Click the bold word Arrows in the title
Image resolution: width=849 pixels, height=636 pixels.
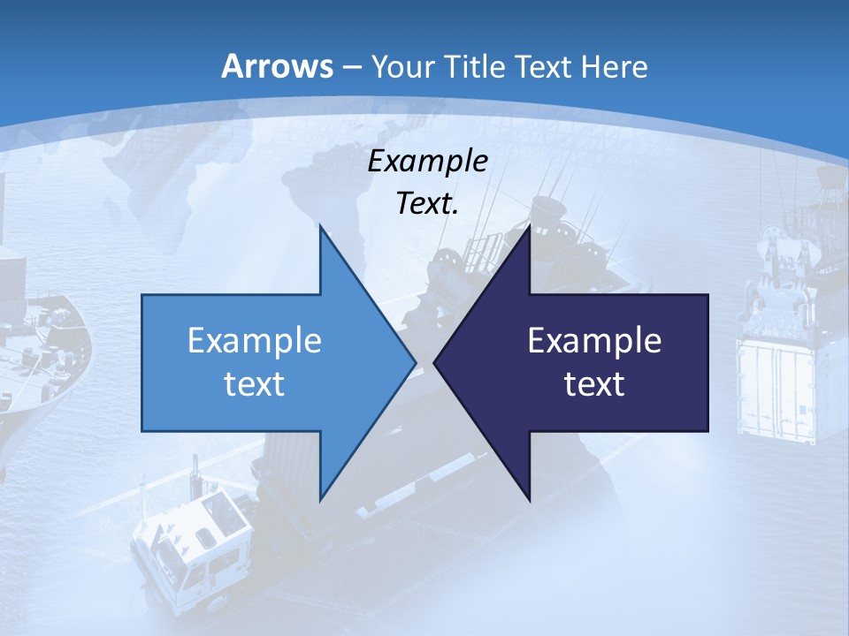278,66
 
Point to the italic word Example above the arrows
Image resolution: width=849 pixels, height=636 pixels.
428,162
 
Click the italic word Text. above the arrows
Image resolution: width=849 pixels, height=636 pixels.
428,204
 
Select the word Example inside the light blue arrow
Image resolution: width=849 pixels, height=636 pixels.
255,341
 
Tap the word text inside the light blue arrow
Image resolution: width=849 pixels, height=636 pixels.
255,383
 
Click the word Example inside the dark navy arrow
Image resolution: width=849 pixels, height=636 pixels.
594,341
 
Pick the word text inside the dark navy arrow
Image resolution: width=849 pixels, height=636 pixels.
594,383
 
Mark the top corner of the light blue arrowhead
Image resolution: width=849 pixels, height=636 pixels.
320,226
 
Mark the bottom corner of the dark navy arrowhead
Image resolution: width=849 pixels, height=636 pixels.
529,500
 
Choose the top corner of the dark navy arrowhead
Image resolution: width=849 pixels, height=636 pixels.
529,226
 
